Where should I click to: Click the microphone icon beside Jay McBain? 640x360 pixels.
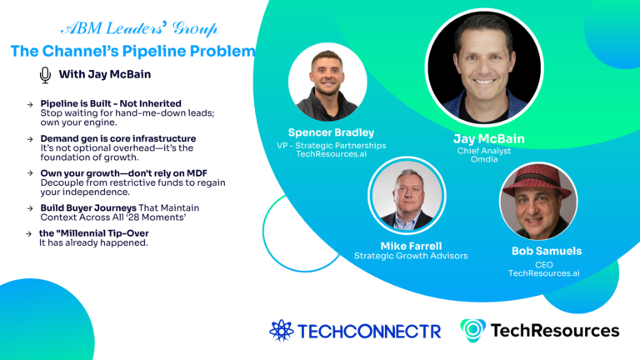(45, 75)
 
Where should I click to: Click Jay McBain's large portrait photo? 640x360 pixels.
(484, 67)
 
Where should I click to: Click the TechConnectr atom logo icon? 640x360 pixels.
(282, 330)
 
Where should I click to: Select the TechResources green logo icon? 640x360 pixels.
(472, 330)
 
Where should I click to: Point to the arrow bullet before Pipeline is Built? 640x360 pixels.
(30, 103)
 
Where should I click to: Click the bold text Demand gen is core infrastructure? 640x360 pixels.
(118, 138)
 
